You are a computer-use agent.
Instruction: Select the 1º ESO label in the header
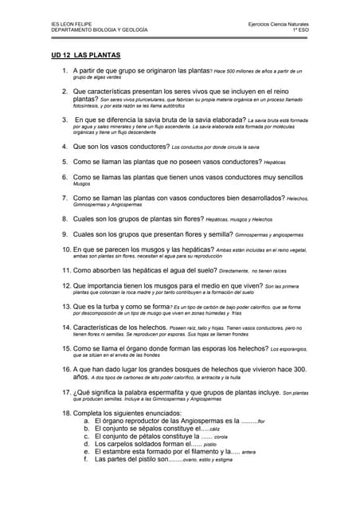300,29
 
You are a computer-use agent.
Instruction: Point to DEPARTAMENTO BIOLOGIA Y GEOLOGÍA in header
99,29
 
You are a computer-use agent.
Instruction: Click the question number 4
65,147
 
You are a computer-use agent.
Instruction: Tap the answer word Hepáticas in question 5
274,162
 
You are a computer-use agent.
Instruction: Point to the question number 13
66,306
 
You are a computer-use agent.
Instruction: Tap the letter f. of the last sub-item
86,459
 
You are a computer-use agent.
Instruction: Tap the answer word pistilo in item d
210,445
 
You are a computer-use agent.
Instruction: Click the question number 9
65,234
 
